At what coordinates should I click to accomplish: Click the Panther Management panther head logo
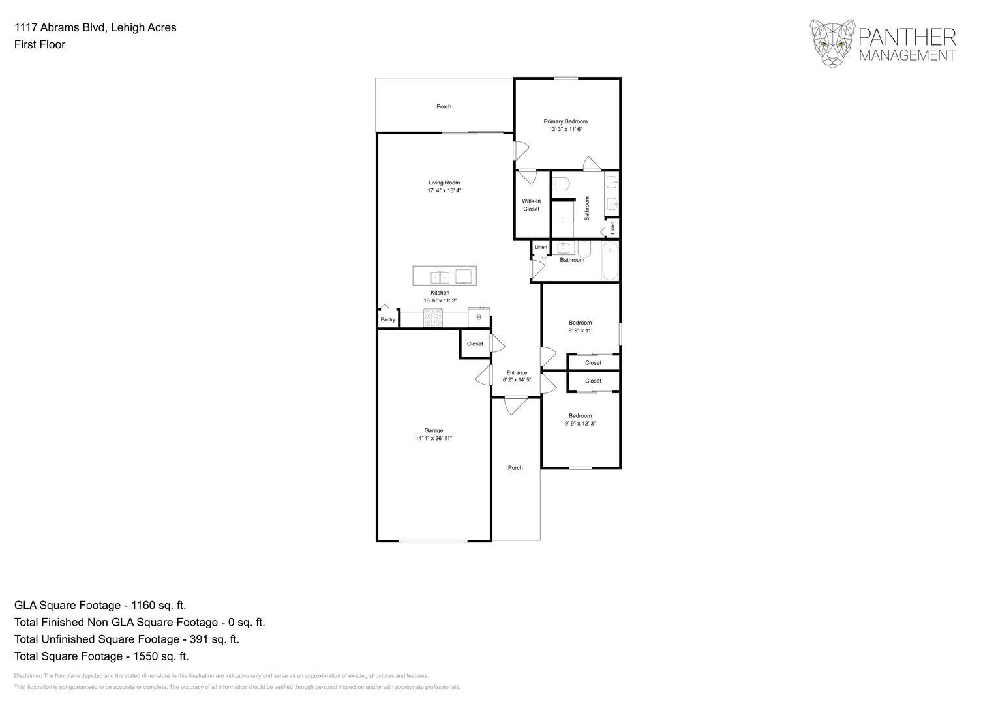click(x=832, y=44)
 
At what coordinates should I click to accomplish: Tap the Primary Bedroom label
click(x=566, y=121)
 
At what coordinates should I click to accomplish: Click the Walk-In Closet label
click(x=531, y=205)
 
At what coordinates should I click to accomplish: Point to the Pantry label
click(x=387, y=319)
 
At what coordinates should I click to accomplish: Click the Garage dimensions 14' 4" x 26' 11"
click(x=434, y=439)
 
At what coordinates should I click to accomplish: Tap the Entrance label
click(x=517, y=373)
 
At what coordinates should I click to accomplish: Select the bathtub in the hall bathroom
click(x=610, y=261)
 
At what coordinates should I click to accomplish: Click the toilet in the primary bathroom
click(x=561, y=183)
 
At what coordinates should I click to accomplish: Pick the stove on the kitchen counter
click(x=433, y=319)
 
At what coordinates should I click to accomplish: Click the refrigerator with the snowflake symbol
click(x=479, y=317)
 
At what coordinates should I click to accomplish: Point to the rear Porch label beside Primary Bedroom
click(x=444, y=106)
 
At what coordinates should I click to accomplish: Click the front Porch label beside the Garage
click(x=515, y=467)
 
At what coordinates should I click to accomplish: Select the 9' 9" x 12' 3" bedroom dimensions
click(x=580, y=424)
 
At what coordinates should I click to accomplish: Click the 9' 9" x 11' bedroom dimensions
click(x=580, y=330)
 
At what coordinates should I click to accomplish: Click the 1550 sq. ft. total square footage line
click(x=101, y=656)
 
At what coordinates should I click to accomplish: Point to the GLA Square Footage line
click(x=100, y=605)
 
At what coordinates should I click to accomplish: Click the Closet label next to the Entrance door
click(x=475, y=344)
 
